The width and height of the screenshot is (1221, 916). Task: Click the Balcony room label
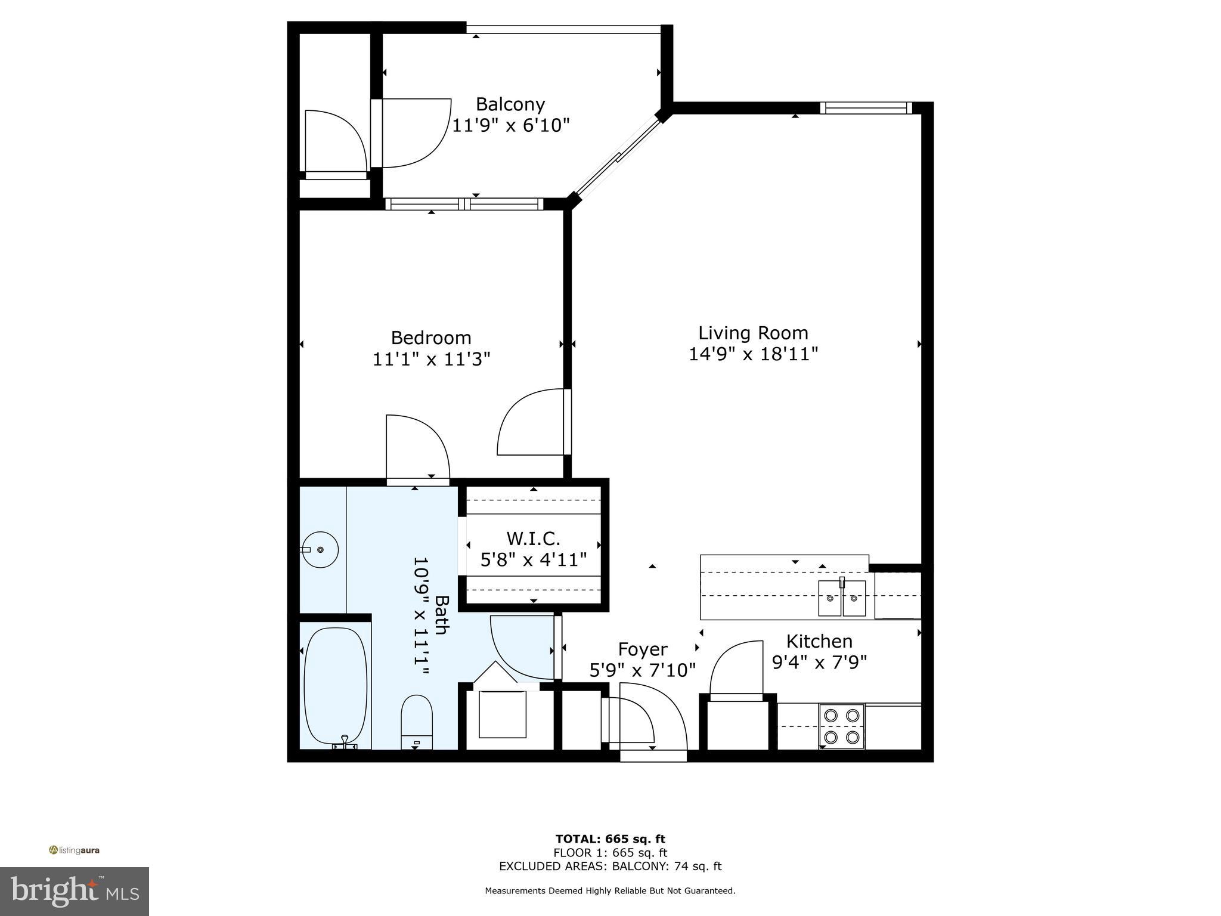click(510, 104)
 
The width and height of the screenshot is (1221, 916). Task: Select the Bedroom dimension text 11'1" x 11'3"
click(431, 359)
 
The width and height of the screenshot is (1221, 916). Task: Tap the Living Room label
click(753, 333)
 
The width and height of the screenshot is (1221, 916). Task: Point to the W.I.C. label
click(533, 539)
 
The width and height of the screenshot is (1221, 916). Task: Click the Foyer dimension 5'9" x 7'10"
click(643, 670)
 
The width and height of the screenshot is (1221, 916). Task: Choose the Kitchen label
click(819, 641)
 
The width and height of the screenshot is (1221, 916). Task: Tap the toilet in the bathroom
click(416, 722)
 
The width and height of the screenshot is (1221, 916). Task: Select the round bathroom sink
click(320, 549)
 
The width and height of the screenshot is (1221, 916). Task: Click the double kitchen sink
click(842, 597)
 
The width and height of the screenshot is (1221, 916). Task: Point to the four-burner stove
click(841, 726)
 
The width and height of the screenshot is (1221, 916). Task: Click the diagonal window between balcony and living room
click(618, 158)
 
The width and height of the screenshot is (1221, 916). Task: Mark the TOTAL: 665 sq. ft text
click(610, 839)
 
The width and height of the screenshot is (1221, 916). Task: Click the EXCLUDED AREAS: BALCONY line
click(610, 866)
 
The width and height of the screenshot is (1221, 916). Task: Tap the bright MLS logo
click(75, 891)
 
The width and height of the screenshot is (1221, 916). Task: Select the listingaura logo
click(74, 850)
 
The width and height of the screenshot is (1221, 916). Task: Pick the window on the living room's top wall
click(866, 108)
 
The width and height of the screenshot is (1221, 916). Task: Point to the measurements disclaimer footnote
click(610, 891)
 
